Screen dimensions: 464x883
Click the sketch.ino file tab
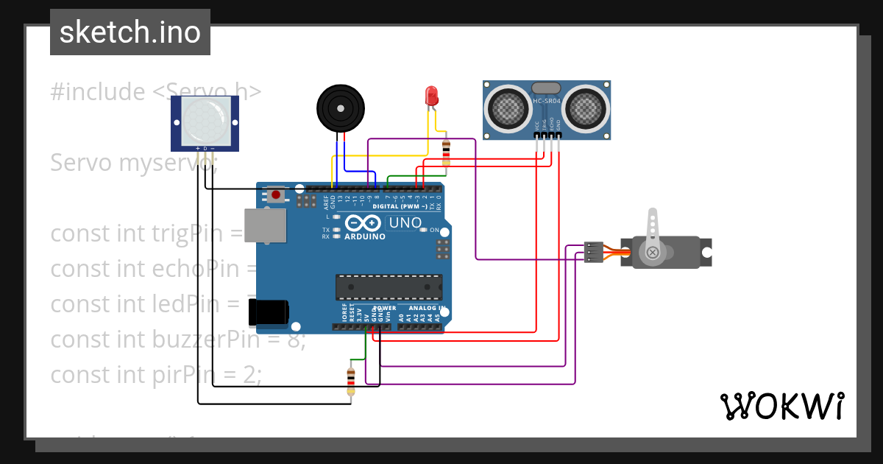pyautogui.click(x=130, y=32)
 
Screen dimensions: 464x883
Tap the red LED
pyautogui.click(x=432, y=96)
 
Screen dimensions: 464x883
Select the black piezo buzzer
pyautogui.click(x=340, y=108)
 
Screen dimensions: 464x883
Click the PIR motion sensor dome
pyautogui.click(x=205, y=121)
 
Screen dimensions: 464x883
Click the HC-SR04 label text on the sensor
pyautogui.click(x=547, y=101)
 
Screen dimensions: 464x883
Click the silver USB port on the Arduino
pyautogui.click(x=266, y=225)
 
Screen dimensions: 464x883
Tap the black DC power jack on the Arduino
pyautogui.click(x=269, y=313)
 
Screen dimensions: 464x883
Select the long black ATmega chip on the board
pyautogui.click(x=389, y=287)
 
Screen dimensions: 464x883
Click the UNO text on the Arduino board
pyautogui.click(x=405, y=222)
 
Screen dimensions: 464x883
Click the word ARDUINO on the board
pyautogui.click(x=364, y=236)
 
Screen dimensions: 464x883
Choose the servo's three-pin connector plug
pyautogui.click(x=593, y=252)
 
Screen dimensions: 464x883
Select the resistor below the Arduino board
pyautogui.click(x=351, y=380)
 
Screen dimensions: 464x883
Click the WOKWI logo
pyautogui.click(x=781, y=406)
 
